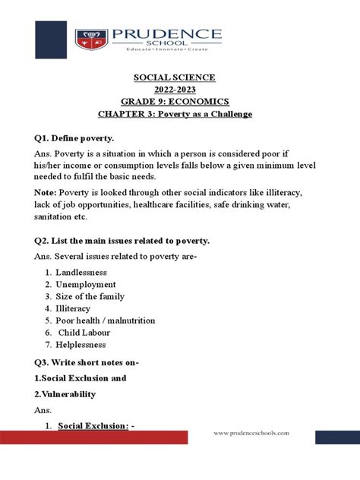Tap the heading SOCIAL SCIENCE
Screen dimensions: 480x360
175,77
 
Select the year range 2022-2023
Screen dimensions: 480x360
175,90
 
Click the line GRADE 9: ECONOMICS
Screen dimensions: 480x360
175,102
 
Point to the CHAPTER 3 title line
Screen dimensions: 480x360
175,114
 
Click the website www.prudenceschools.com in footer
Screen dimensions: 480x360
251,432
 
